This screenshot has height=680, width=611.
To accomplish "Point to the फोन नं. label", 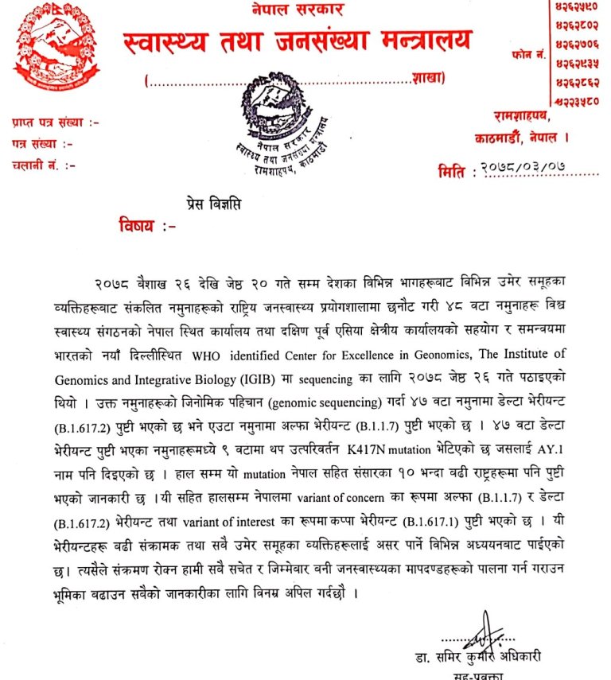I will [x=528, y=54].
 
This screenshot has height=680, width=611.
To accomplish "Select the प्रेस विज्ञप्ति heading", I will [x=210, y=204].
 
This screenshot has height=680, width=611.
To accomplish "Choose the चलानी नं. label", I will [x=44, y=165].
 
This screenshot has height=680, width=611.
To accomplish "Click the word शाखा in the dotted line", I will [x=429, y=79].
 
